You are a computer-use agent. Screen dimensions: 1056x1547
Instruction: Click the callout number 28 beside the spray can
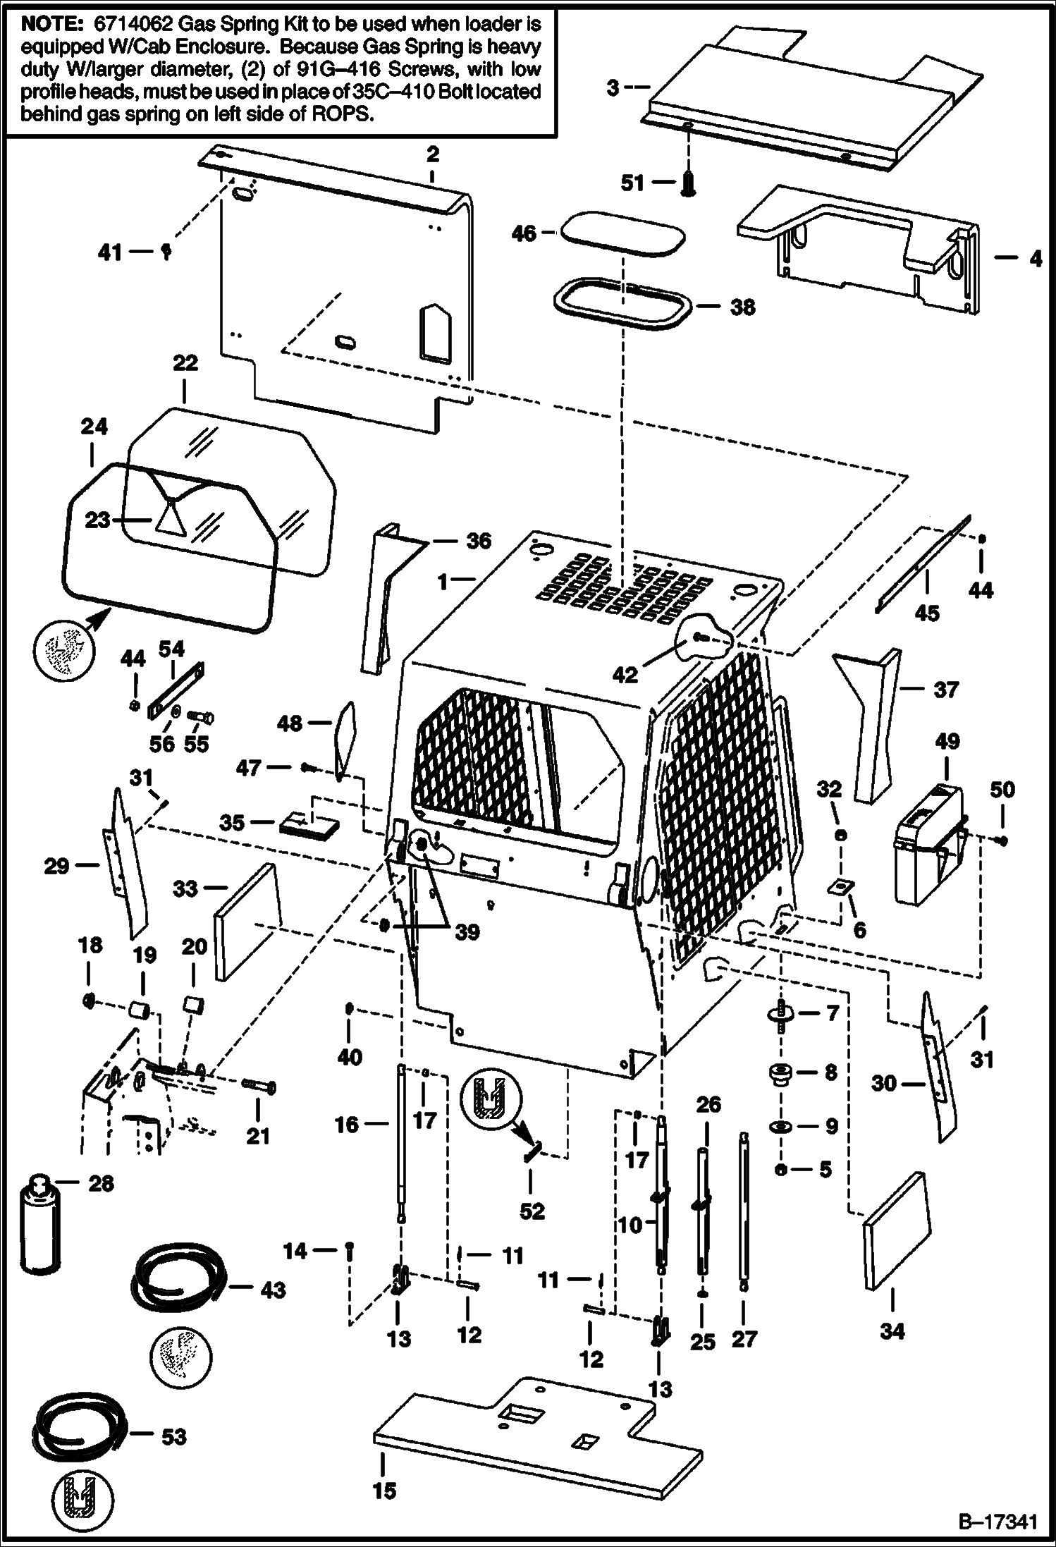101,1183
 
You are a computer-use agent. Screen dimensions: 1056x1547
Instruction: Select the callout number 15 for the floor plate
385,1491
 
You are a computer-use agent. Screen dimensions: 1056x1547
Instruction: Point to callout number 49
947,741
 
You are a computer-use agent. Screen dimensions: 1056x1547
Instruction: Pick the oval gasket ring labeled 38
619,307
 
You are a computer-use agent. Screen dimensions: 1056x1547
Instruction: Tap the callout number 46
524,233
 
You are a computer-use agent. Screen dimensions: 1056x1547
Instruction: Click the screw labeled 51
687,184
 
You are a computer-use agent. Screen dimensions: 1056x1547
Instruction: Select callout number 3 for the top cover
613,88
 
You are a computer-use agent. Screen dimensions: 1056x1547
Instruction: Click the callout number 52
532,1211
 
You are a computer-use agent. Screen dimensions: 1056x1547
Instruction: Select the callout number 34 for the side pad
892,1331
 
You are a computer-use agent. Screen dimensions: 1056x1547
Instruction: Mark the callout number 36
479,541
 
